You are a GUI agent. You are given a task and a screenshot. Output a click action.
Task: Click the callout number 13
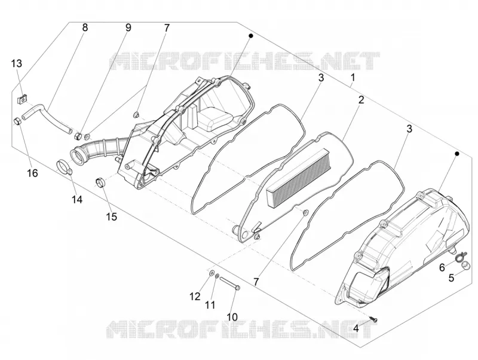(x=17, y=64)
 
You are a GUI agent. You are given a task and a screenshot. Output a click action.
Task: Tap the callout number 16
(x=32, y=173)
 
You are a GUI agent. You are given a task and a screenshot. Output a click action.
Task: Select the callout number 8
(x=85, y=28)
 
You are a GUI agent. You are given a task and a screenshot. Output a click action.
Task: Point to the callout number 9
(x=128, y=28)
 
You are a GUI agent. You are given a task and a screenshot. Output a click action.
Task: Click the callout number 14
(x=77, y=200)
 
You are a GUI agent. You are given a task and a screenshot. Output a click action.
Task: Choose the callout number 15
(x=112, y=216)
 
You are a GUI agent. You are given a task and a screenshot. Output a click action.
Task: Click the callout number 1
(x=353, y=78)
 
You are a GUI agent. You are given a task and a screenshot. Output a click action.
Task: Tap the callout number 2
(x=361, y=100)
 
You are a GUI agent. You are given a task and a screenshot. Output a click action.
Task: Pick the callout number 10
(x=232, y=317)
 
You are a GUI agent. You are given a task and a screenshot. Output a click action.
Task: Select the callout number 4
(x=356, y=329)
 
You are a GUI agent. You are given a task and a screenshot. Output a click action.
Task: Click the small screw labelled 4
(x=373, y=319)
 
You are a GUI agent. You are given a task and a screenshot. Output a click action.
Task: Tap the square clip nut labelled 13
(x=22, y=99)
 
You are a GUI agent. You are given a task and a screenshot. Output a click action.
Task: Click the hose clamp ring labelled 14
(x=65, y=167)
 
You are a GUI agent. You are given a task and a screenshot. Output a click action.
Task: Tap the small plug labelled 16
(x=17, y=121)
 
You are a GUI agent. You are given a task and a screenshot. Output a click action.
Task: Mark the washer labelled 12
(x=211, y=273)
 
